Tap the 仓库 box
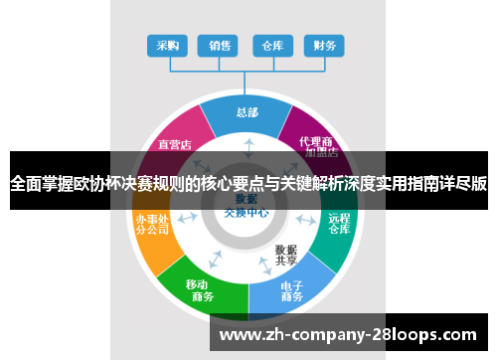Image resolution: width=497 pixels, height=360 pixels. point(271,46)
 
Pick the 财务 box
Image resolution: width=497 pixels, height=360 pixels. point(324,46)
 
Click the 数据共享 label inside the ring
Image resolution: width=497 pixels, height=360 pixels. point(286,255)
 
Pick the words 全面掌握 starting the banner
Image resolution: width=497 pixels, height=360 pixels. point(40,183)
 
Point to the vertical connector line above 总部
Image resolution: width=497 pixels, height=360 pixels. point(246,84)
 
